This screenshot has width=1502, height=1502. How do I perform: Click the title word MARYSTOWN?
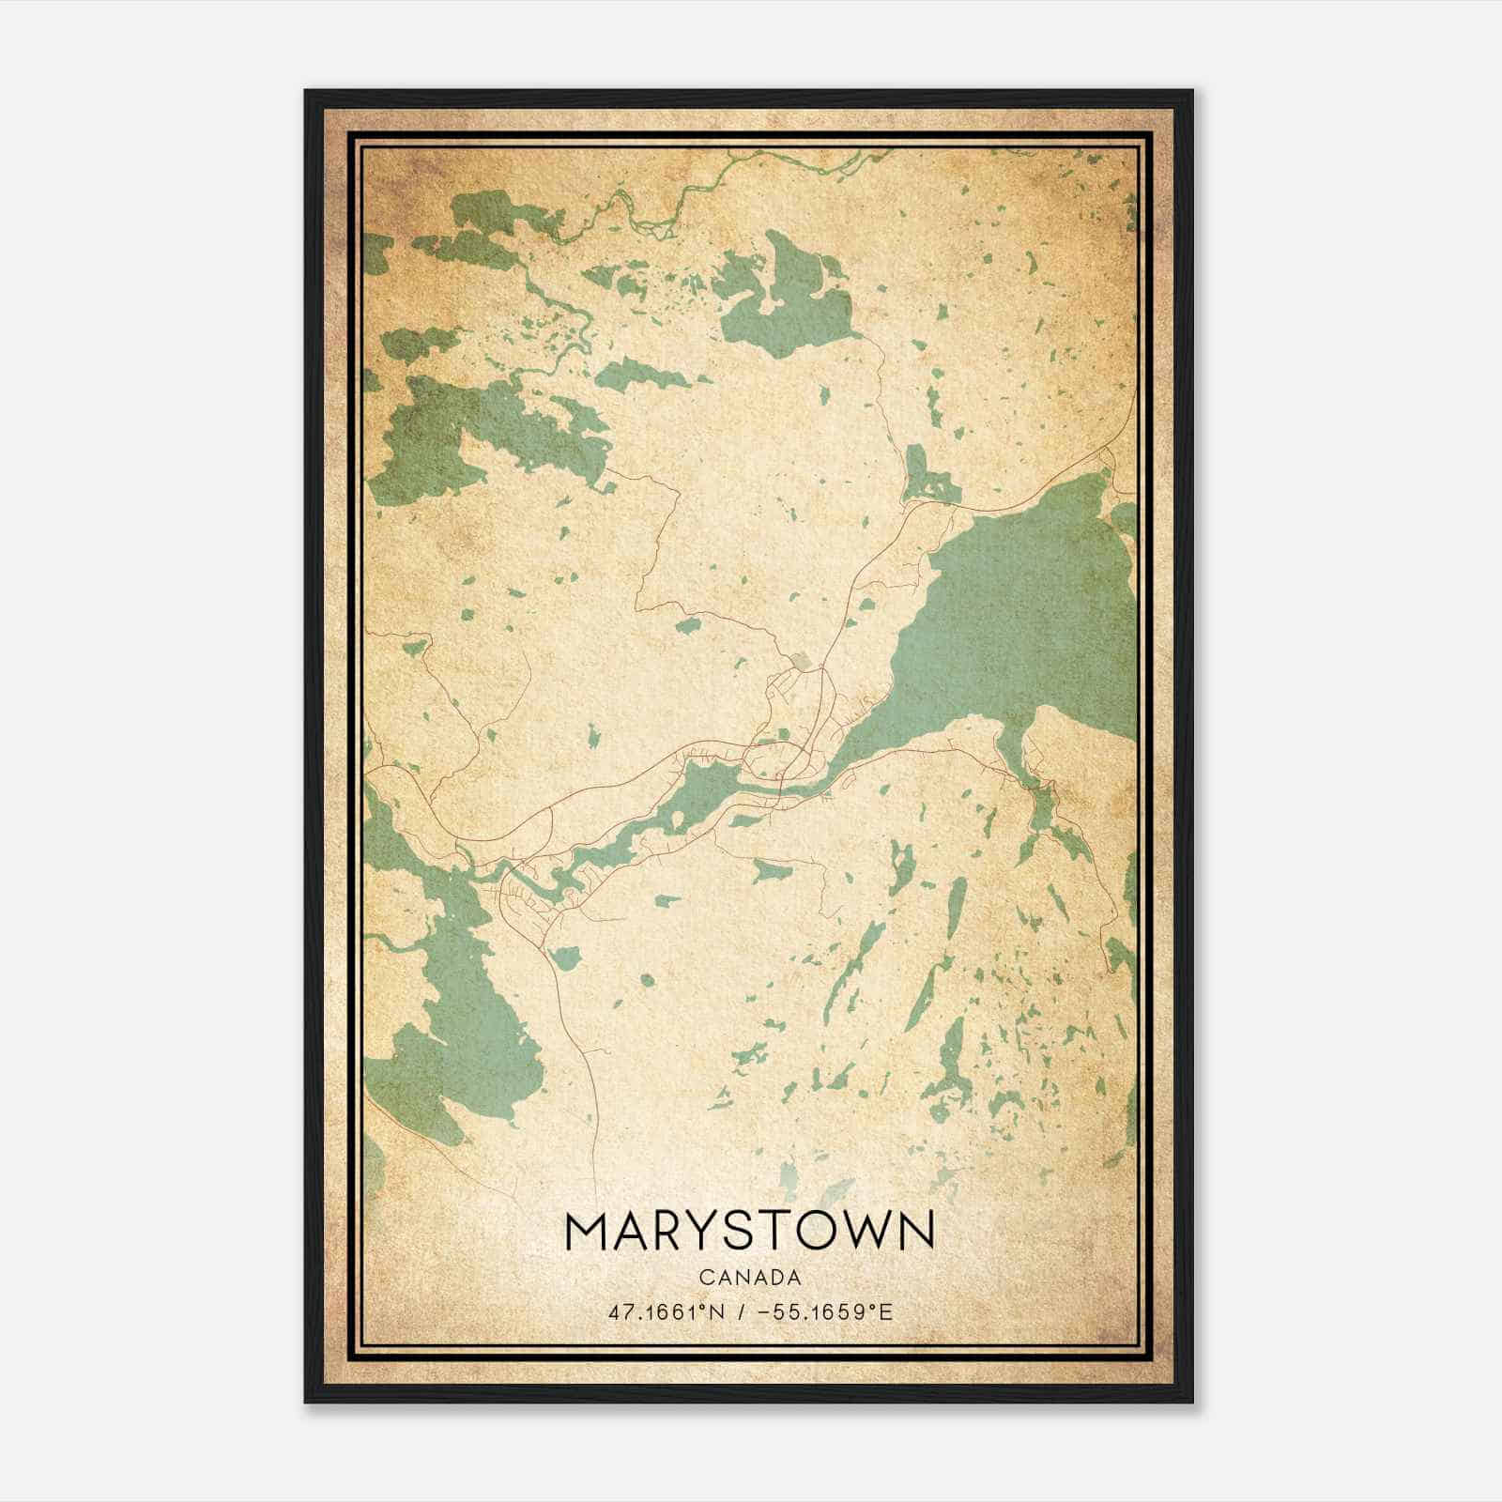[x=749, y=1233]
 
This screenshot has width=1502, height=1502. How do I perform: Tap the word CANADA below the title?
[x=749, y=1278]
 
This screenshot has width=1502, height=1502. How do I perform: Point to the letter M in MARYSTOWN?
[x=590, y=1233]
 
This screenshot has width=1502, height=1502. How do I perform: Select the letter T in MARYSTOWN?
[x=773, y=1233]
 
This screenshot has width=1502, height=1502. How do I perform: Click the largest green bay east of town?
[x=1023, y=610]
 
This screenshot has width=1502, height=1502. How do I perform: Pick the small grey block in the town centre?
[x=801, y=662]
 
